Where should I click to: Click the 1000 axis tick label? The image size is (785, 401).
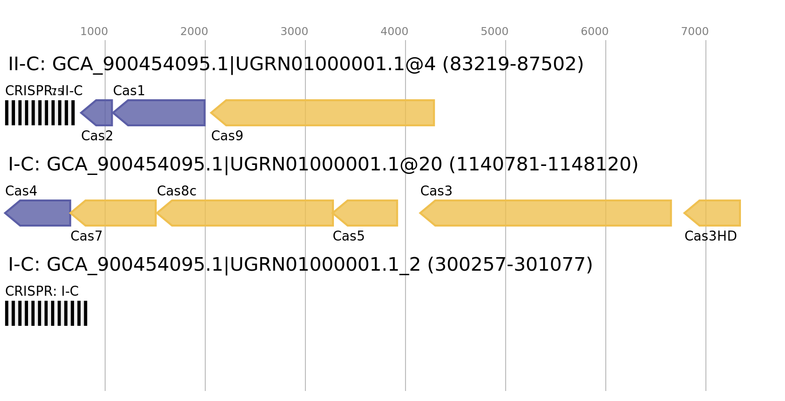(94, 32)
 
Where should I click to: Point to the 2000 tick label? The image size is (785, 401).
(194, 32)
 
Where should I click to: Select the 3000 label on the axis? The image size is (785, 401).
(294, 32)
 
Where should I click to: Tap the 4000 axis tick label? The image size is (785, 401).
(395, 32)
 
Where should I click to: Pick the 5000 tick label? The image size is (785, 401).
(495, 32)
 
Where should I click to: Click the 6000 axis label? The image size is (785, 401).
(594, 32)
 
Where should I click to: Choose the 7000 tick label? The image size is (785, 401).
(694, 32)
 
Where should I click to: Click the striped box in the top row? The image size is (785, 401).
(40, 113)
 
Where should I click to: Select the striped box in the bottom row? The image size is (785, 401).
(46, 313)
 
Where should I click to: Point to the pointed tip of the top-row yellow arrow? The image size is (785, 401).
(210, 113)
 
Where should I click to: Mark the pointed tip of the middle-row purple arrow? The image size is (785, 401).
(5, 213)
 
